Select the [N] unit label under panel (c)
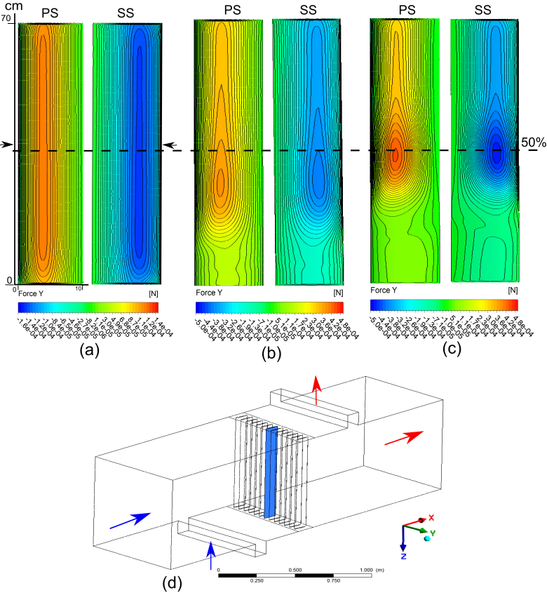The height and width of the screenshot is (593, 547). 512,290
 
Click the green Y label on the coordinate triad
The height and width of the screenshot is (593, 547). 433,533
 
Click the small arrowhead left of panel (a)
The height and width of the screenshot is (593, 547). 6,145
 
